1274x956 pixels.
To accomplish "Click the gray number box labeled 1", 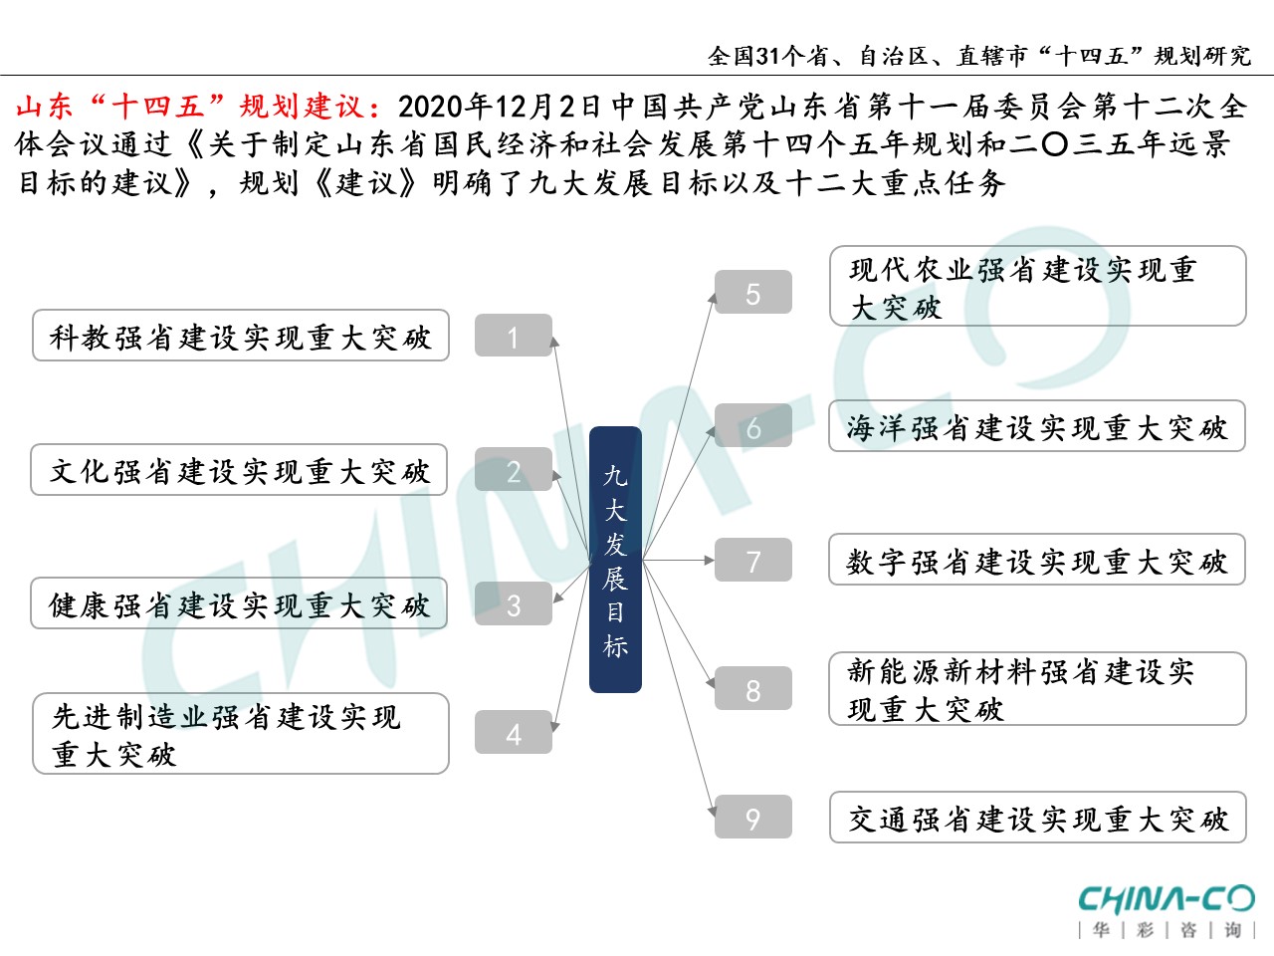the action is coord(514,336).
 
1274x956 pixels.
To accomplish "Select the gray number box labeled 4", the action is coord(514,733).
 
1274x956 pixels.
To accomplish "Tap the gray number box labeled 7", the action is coord(753,561).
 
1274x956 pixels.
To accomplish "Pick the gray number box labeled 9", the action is coord(753,818).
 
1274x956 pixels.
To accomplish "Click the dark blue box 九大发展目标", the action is coord(615,560).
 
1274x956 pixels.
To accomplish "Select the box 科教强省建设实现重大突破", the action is coord(241,336).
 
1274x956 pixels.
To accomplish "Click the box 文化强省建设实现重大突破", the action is coord(239,470).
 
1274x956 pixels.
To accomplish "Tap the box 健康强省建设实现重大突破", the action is coord(239,603).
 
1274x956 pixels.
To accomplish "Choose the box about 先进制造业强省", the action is coord(241,734).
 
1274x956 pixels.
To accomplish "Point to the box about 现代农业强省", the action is coord(1037,287).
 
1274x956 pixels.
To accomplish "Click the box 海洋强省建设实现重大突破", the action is coord(1037,426).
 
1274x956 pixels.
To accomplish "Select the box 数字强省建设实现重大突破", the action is coord(1037,560).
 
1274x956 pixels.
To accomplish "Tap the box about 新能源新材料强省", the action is coord(1037,689).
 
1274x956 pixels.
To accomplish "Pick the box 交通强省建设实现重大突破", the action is coord(1037,818).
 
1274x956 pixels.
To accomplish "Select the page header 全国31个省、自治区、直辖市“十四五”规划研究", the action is coord(979,56).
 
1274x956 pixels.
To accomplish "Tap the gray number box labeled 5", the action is coord(753,293).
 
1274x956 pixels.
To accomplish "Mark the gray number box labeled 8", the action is coord(753,689).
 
